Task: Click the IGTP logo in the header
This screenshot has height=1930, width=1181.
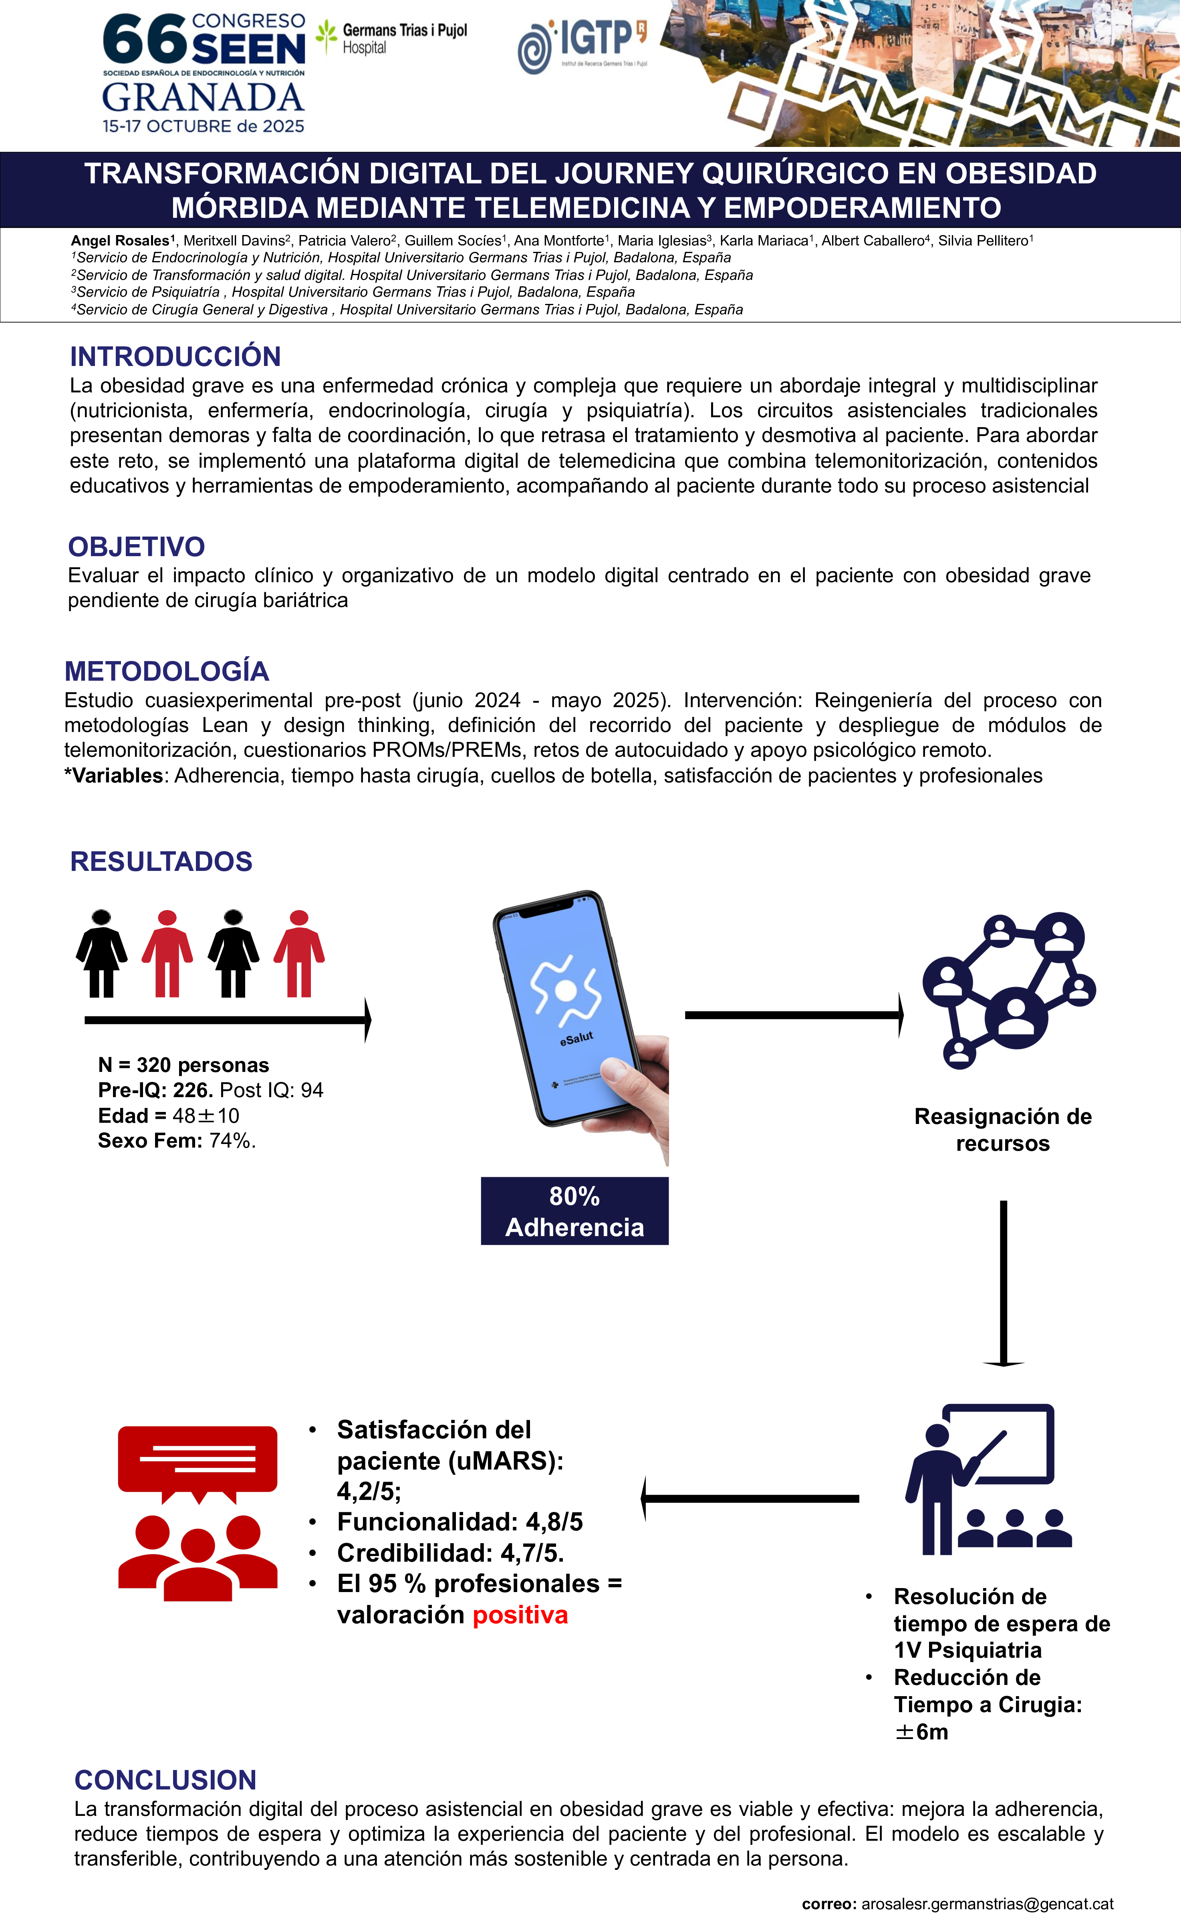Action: coord(582,45)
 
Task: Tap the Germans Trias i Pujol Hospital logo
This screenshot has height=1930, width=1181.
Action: coord(392,38)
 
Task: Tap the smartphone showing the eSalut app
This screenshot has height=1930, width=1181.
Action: coord(572,1010)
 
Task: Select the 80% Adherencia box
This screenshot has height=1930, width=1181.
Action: coord(574,1211)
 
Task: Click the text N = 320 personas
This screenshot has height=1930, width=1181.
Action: coord(183,1065)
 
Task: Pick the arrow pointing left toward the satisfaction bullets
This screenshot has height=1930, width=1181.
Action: coord(750,1498)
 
